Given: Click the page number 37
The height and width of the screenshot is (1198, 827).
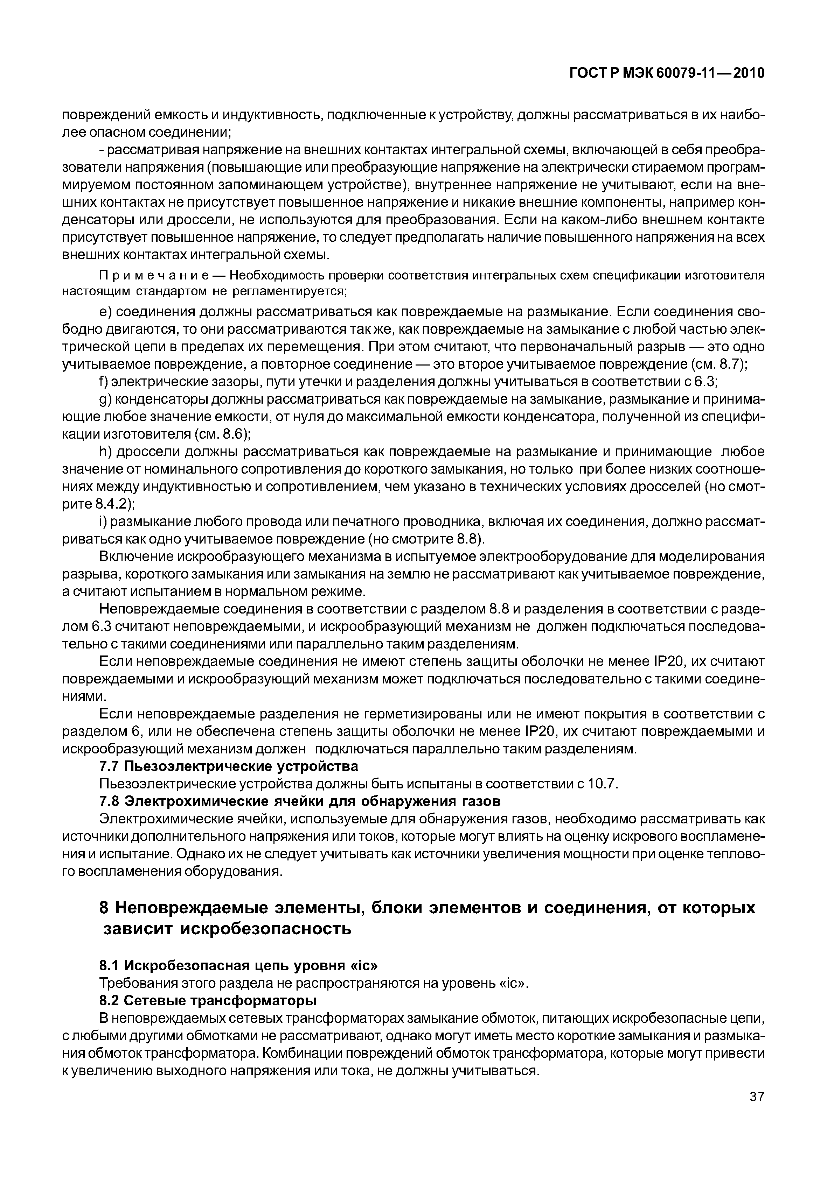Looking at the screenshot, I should (x=757, y=1112).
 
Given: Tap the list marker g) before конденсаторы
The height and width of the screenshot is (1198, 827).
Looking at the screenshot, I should (x=105, y=400).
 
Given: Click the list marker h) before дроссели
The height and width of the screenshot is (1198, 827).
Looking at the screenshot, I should (x=105, y=452).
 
